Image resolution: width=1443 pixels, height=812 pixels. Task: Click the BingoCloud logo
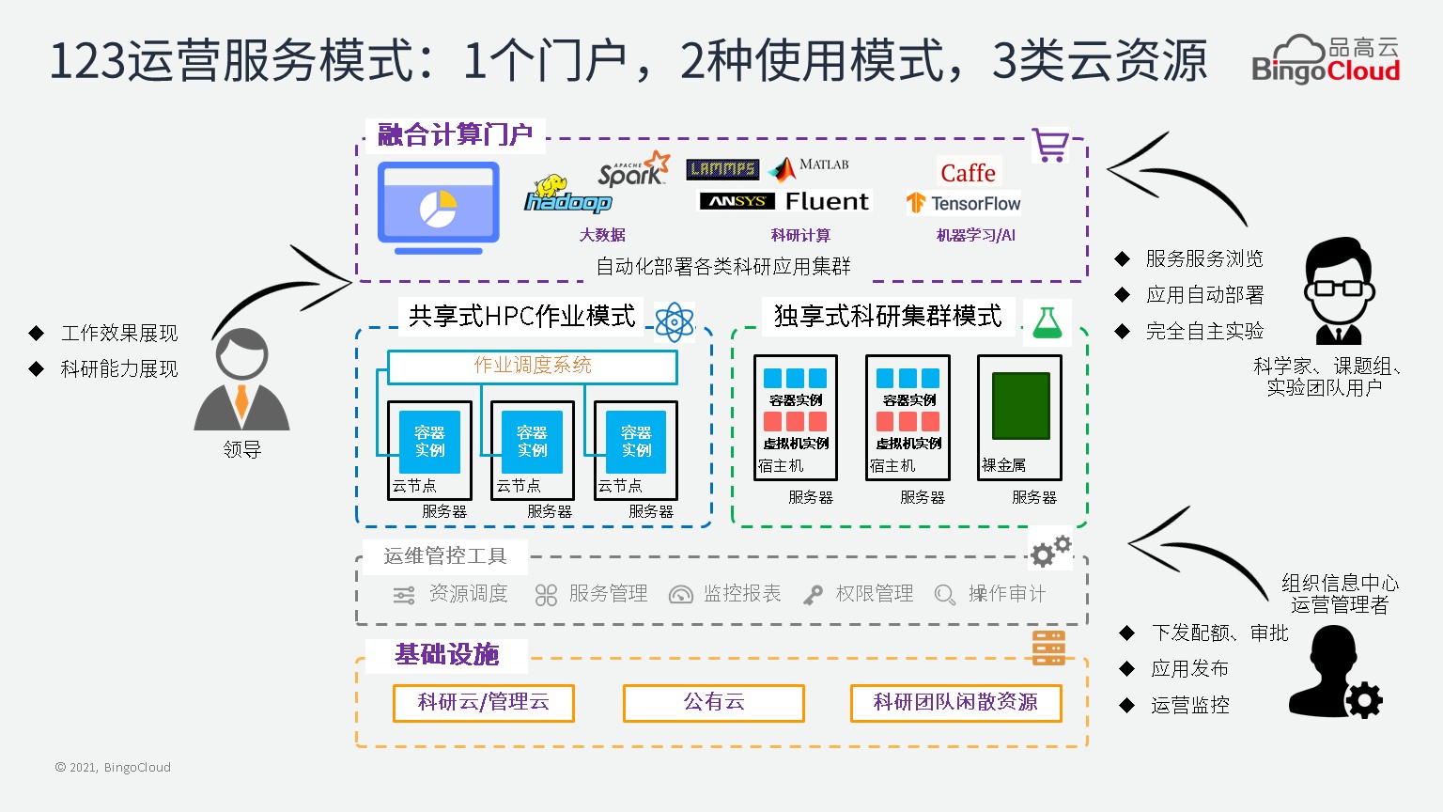coord(1325,60)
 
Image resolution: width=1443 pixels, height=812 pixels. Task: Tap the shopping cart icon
coord(1049,146)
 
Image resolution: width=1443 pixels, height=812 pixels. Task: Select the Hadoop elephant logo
coord(566,195)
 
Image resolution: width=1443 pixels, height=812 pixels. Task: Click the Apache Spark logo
coord(633,169)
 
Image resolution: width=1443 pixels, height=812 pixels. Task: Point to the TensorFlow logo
coord(963,203)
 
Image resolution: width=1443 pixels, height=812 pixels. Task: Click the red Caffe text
coord(968,173)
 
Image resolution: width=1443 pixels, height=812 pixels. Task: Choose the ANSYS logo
coord(737,201)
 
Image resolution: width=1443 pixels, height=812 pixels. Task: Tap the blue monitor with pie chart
coord(438,208)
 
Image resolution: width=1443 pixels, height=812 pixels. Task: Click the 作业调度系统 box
coord(533,366)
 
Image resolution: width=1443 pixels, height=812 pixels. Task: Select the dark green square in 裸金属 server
coord(1020,406)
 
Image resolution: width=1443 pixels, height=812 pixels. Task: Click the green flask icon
coord(1047,321)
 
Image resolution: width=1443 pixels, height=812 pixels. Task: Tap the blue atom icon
coord(675,321)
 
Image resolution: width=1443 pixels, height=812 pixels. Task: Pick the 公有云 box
coord(713,702)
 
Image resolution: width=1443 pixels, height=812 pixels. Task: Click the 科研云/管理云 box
coord(483,702)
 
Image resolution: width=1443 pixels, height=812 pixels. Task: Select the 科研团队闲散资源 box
coord(955,702)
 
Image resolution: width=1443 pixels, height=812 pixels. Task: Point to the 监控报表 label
coord(742,594)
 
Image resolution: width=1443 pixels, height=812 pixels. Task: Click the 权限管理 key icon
coord(813,595)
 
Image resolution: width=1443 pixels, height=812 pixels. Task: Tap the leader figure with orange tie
coord(241,381)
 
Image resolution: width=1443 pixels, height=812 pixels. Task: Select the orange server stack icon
coord(1048,648)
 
